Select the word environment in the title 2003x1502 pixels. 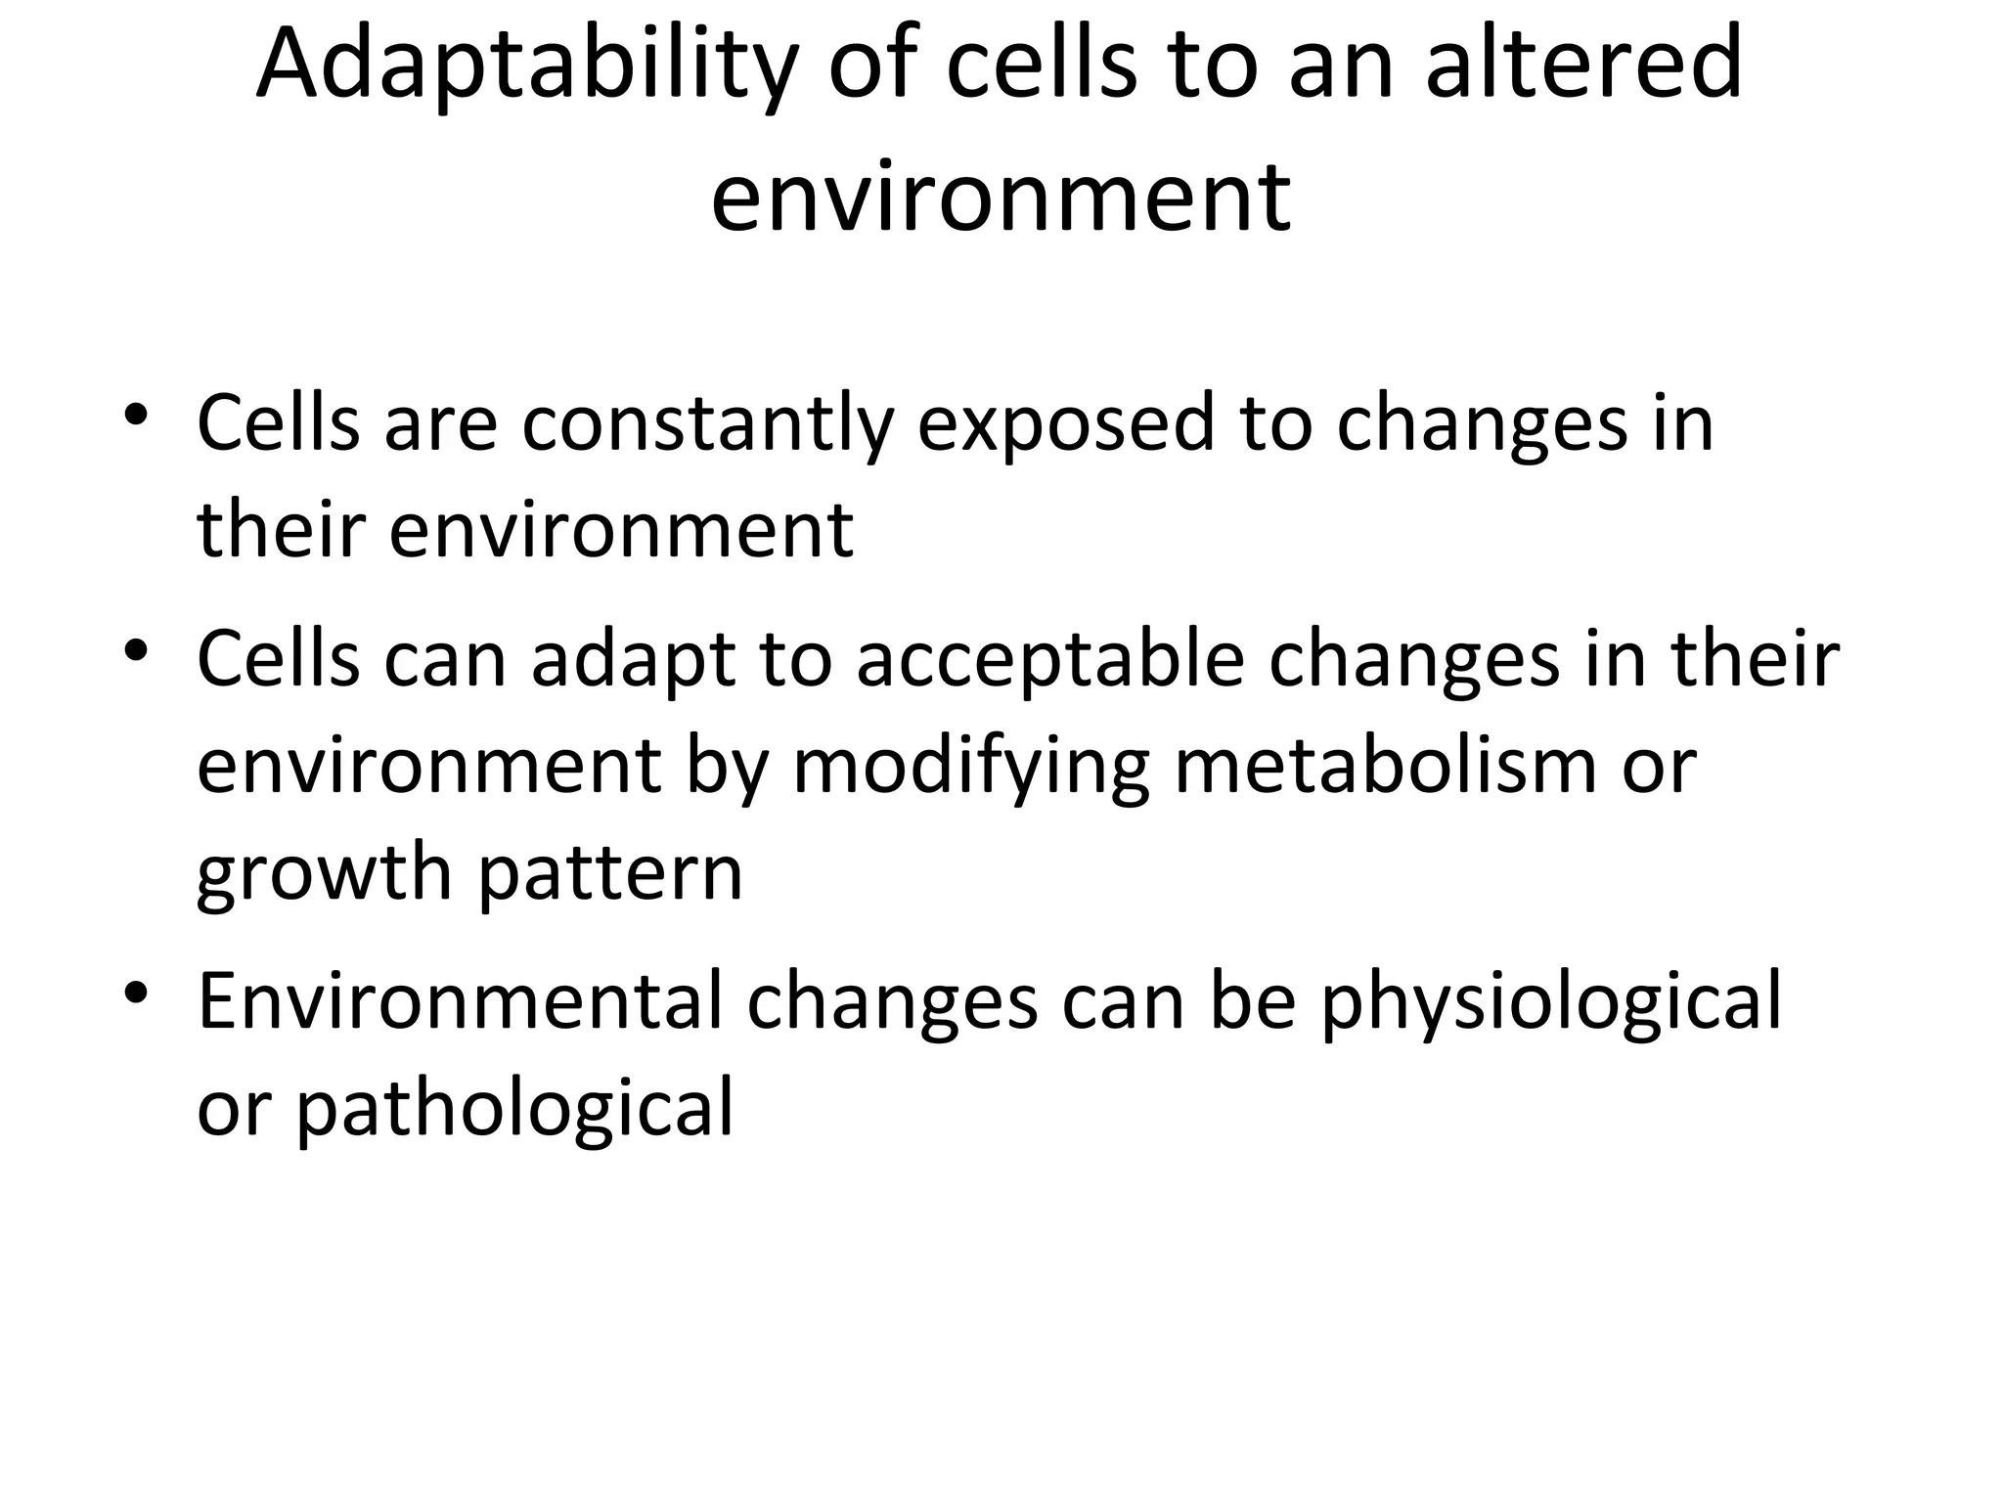tap(1001, 198)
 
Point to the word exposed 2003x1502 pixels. tap(1065, 426)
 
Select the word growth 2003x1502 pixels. tap(324, 873)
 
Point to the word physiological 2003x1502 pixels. tap(1550, 1004)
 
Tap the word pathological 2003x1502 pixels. tap(514, 1110)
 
